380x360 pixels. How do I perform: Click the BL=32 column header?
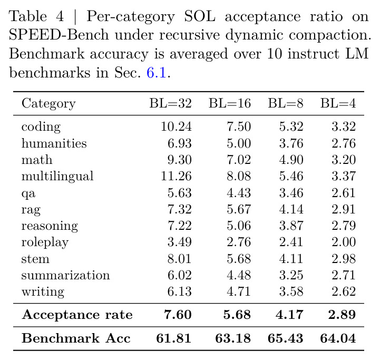coord(170,103)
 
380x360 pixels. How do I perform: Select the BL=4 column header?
coord(338,103)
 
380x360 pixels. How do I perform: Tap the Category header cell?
coord(48,104)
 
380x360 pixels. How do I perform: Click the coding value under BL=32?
coord(176,127)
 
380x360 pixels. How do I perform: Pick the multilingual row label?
coord(57,176)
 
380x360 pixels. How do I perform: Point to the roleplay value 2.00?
coord(344,242)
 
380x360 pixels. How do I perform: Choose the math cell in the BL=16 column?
coord(239,160)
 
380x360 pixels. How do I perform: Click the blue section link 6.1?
coord(157,73)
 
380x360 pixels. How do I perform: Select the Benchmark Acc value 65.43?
coord(285,338)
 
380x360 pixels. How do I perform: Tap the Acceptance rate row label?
coord(77,315)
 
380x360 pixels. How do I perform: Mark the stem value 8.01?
coord(179,258)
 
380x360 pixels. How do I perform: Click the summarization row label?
coord(65,275)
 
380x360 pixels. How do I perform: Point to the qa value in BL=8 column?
coord(291,193)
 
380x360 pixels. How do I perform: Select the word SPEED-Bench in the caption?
coord(59,35)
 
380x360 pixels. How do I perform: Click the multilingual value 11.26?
coord(176,176)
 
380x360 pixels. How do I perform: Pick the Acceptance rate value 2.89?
coord(342,315)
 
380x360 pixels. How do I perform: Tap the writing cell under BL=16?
coord(239,291)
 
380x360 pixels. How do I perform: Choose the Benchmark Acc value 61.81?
coord(173,338)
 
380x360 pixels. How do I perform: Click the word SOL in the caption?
coord(200,16)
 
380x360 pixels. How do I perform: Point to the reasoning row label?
coord(50,226)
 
